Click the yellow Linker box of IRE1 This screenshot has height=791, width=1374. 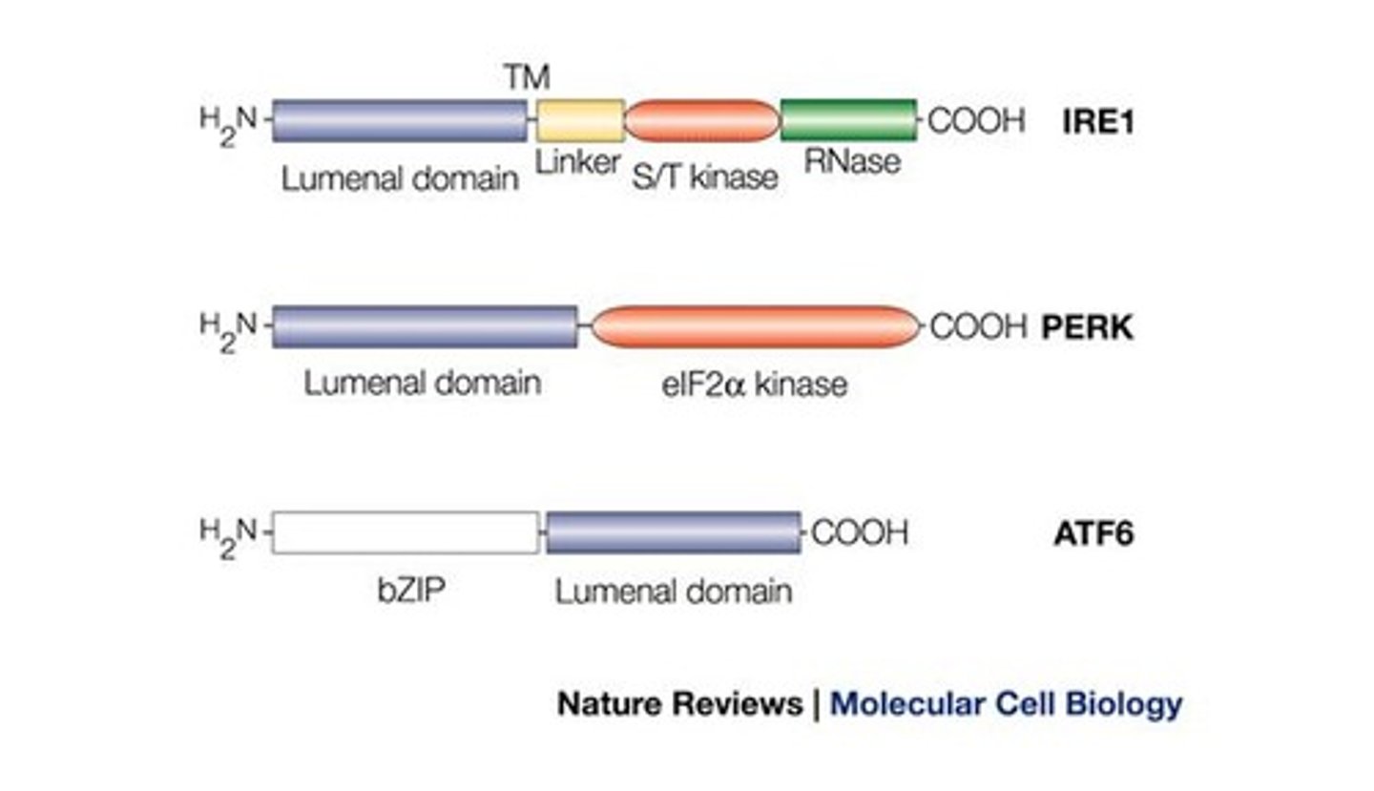pos(580,121)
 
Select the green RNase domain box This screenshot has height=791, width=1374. pos(848,121)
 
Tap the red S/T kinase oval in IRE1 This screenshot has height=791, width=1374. pos(702,121)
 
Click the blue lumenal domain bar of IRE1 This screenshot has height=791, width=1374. pos(399,121)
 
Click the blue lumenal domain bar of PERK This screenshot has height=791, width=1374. pos(424,327)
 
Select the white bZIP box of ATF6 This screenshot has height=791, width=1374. pos(406,532)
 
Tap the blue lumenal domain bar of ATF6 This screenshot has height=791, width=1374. pos(673,532)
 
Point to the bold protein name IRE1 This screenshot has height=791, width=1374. pos(1098,122)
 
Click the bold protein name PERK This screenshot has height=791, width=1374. pos(1087,328)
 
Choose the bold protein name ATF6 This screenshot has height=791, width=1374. pos(1093,533)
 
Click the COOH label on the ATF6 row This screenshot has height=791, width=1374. pos(859,532)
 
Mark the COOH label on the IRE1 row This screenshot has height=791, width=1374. pos(976,121)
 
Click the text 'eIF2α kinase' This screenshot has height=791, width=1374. pos(753,384)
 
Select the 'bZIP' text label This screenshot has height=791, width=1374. pos(411,591)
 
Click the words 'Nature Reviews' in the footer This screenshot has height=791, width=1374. pos(679,704)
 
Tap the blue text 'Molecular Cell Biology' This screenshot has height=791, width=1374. pos(1006,704)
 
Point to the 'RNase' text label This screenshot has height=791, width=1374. pos(851,162)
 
